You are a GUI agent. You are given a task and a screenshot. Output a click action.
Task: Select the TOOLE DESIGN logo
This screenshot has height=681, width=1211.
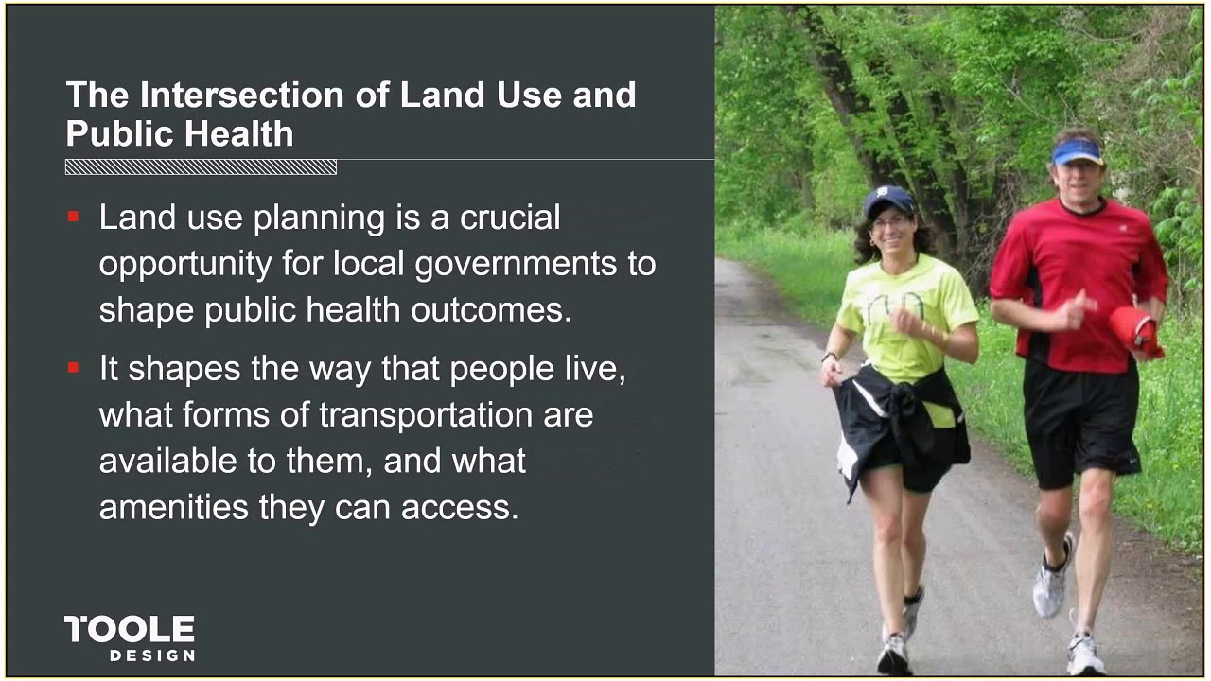(x=130, y=637)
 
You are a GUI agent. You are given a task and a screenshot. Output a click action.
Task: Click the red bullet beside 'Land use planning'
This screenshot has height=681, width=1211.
(x=74, y=218)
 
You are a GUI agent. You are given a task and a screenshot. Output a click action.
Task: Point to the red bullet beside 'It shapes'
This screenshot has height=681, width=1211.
(x=74, y=368)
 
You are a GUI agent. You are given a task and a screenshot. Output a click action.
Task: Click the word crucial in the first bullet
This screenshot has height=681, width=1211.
(x=510, y=218)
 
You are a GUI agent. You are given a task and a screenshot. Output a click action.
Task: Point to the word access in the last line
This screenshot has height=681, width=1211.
(x=460, y=508)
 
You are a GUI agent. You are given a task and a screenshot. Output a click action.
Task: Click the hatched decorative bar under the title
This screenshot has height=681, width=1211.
(x=201, y=167)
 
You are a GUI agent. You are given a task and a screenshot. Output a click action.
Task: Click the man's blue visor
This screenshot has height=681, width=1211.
(x=1078, y=151)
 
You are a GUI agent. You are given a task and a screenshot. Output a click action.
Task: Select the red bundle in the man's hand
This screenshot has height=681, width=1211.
(x=1136, y=329)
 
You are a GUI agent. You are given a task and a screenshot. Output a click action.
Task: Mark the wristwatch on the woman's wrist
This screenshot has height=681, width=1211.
(x=830, y=357)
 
